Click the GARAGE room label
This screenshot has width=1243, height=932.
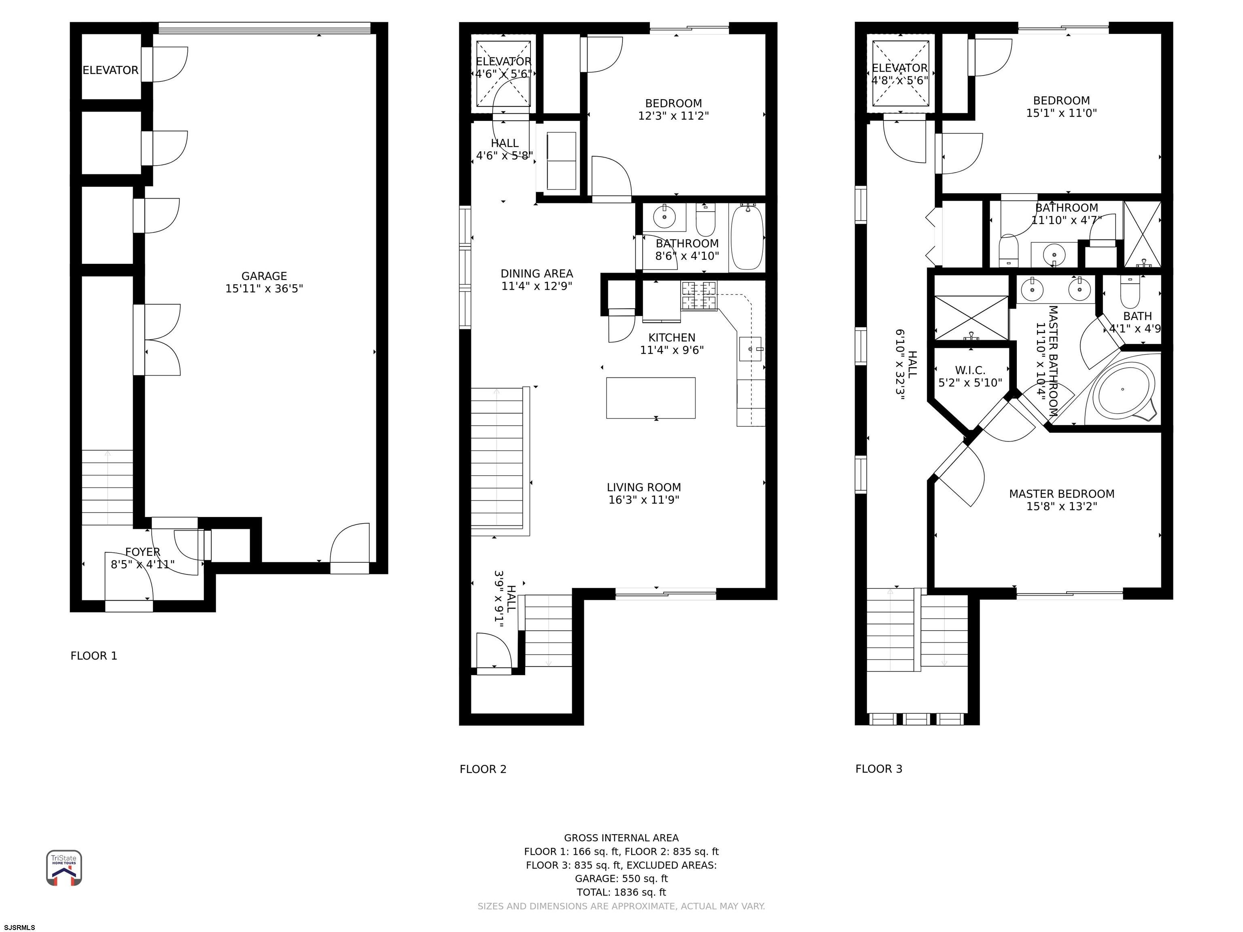(264, 276)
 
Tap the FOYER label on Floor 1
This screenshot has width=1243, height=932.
(143, 552)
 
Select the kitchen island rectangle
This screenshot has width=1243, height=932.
(650, 398)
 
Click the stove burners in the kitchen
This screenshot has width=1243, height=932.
(699, 296)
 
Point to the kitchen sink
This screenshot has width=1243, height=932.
(750, 349)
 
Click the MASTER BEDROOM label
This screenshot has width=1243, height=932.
(1061, 494)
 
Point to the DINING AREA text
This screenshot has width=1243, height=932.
(537, 273)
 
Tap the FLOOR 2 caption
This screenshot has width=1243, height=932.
(483, 769)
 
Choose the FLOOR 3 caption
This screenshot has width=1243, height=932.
(878, 769)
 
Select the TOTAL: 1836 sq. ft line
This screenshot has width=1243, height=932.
(621, 892)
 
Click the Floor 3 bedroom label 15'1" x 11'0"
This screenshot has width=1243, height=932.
(1061, 113)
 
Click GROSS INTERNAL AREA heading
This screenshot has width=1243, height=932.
(621, 838)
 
